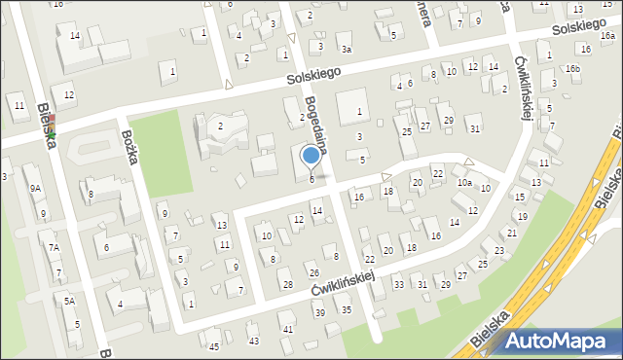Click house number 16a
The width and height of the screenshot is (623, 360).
tap(607, 36)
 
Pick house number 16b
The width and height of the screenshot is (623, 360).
tap(573, 68)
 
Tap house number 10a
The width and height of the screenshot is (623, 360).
tap(464, 183)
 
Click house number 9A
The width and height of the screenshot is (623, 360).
tap(35, 188)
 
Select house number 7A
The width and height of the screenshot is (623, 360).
tap(55, 248)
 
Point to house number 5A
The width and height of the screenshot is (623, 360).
tap(69, 302)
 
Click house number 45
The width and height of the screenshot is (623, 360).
tap(214, 346)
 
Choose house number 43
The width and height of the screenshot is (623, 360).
tap(254, 341)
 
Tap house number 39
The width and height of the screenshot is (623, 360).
tap(319, 312)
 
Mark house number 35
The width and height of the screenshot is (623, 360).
tap(347, 309)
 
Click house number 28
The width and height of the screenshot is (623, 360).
tap(287, 284)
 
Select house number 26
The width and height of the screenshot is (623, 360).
tap(313, 272)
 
